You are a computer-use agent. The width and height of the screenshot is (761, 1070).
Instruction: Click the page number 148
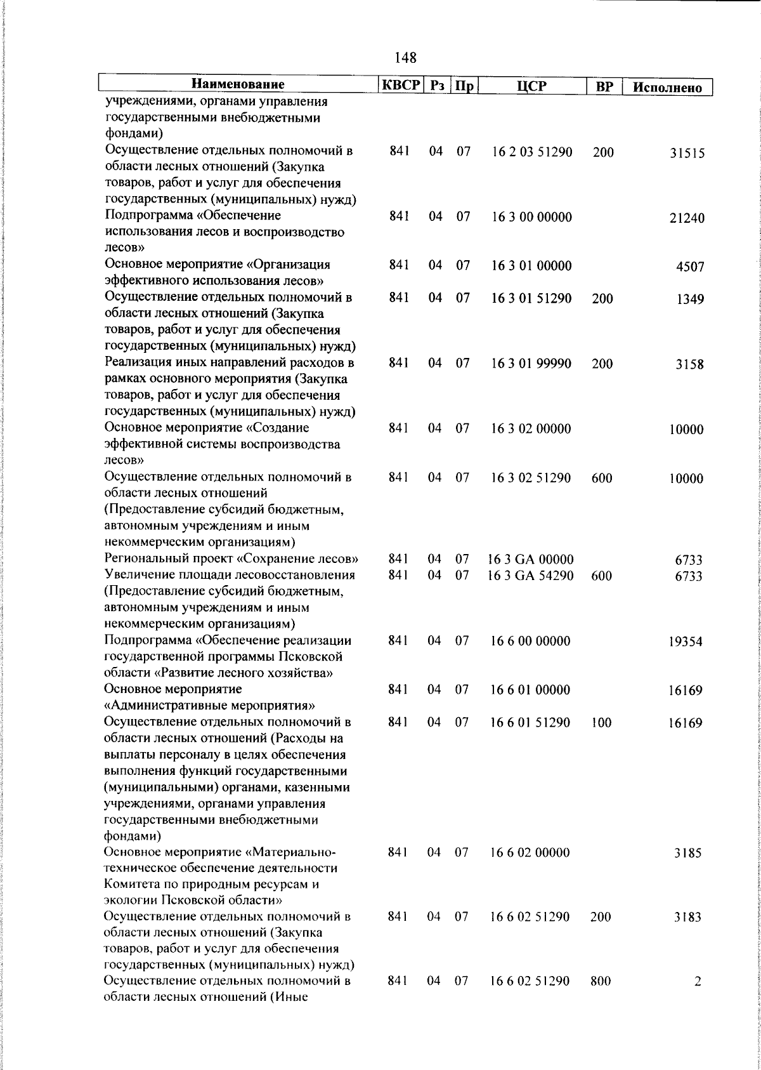pyautogui.click(x=405, y=58)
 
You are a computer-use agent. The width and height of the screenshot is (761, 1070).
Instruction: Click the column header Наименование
pyautogui.click(x=238, y=84)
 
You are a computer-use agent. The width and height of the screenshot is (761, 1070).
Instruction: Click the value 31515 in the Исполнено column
pyautogui.click(x=687, y=154)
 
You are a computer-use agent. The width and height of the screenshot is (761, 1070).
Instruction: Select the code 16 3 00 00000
pyautogui.click(x=531, y=217)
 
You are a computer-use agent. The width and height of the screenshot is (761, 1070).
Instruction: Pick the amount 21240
pyautogui.click(x=686, y=219)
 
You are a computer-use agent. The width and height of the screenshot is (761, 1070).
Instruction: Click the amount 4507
pyautogui.click(x=690, y=267)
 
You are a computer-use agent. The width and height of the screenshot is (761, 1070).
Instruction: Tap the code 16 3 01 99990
pyautogui.click(x=531, y=363)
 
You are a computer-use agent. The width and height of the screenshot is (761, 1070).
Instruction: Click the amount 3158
pyautogui.click(x=689, y=365)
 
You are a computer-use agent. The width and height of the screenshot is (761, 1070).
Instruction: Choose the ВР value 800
pyautogui.click(x=600, y=999)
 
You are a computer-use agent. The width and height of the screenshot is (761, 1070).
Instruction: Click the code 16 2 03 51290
pyautogui.click(x=531, y=152)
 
